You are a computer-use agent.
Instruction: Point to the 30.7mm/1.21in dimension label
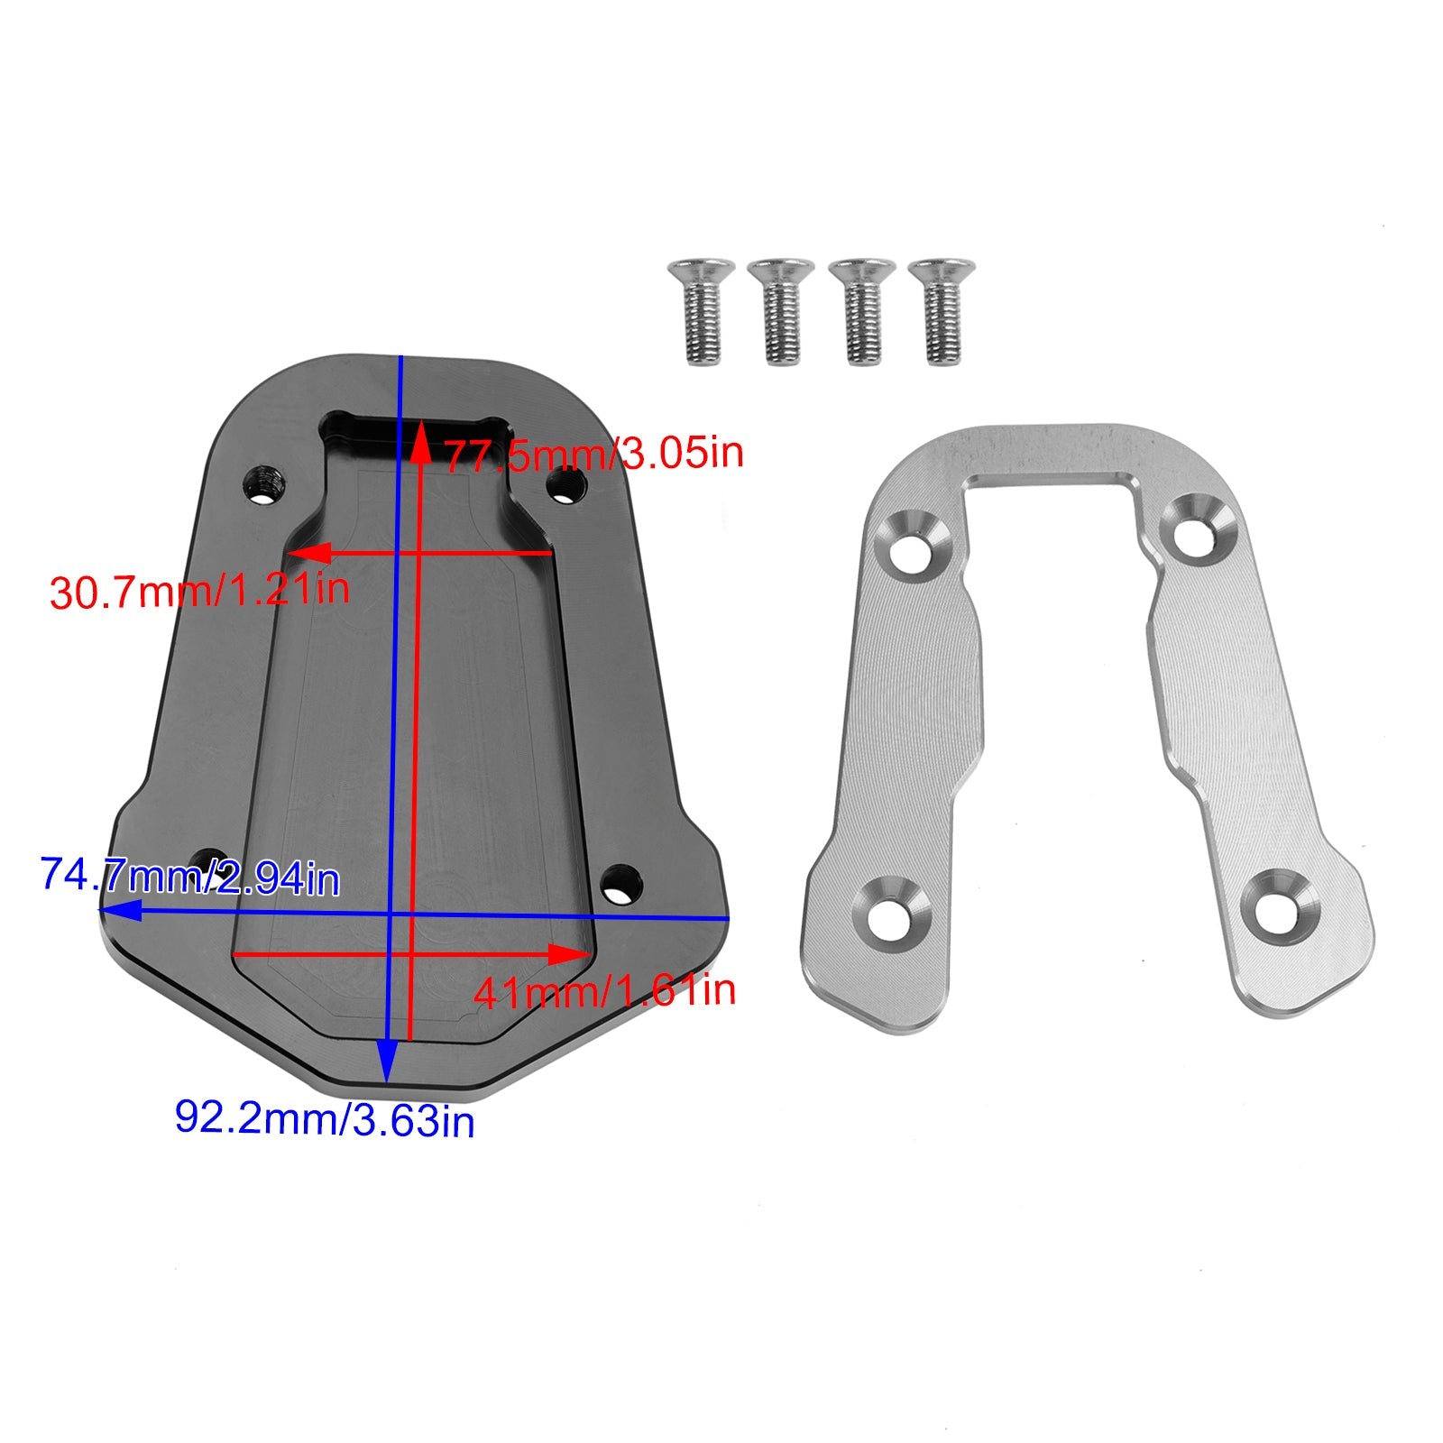pyautogui.click(x=199, y=591)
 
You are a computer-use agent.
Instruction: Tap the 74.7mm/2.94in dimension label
pyautogui.click(x=190, y=877)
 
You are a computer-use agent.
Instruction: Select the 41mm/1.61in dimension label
pyautogui.click(x=605, y=991)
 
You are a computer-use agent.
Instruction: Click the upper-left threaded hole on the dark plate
pyautogui.click(x=265, y=486)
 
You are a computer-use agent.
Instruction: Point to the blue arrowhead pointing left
pyautogui.click(x=117, y=911)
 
